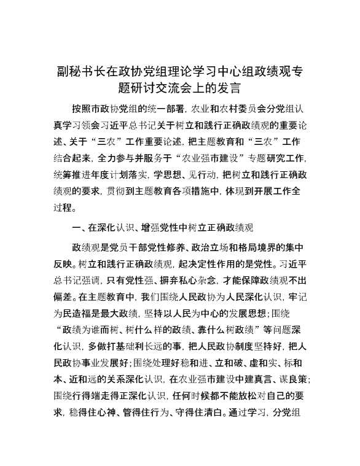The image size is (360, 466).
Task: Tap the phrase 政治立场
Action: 224,247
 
